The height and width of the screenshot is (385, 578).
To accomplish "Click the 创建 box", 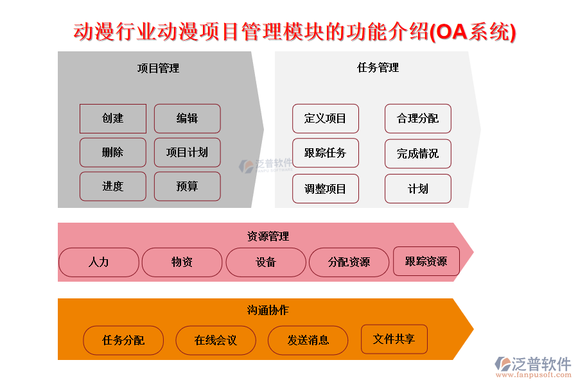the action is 113,119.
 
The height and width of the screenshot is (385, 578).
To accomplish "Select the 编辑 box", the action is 188,119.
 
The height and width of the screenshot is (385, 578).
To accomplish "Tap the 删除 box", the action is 113,153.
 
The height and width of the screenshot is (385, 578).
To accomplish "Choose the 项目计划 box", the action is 188,153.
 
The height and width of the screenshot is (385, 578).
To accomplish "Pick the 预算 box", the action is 188,187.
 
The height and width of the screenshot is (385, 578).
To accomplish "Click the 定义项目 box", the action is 326,119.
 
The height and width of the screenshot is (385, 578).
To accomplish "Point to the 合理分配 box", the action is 418,119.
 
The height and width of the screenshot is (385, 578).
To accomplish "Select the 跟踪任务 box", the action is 326,153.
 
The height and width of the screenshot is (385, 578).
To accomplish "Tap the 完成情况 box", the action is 418,153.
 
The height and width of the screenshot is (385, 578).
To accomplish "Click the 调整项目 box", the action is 326,189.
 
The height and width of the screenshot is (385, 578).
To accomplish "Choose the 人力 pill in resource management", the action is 99,262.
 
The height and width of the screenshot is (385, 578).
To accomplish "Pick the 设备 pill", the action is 266,262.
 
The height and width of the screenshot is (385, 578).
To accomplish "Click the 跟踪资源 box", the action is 426,261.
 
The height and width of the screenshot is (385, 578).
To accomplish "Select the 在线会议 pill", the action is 216,341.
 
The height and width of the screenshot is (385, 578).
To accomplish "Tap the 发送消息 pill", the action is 308,341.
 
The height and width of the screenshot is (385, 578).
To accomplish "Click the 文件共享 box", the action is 394,339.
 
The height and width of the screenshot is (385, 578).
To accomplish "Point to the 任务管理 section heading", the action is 378,68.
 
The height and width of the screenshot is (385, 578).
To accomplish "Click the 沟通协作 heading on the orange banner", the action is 268,310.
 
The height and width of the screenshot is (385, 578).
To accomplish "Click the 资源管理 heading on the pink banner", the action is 268,236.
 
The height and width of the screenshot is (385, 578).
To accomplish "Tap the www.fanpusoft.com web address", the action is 534,375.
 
